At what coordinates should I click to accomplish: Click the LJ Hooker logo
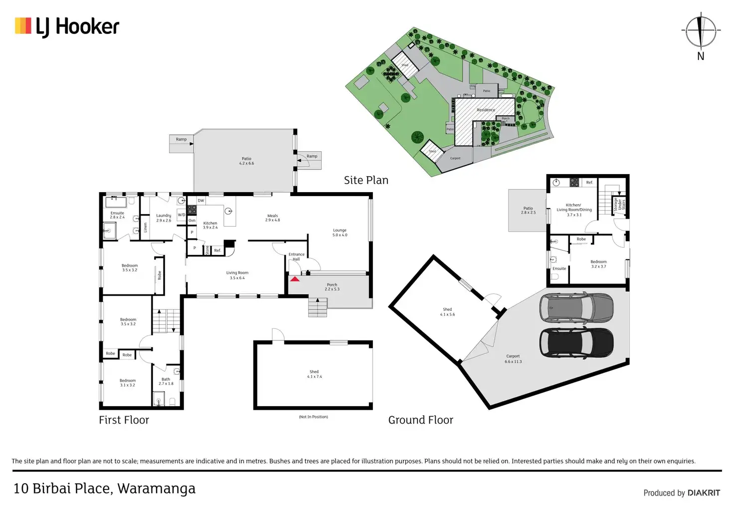(x=67, y=26)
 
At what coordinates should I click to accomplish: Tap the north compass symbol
(x=700, y=31)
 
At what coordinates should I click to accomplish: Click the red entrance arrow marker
(x=295, y=278)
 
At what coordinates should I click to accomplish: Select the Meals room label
(x=272, y=218)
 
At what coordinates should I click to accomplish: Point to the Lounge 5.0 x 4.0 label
(x=340, y=233)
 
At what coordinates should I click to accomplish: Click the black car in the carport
(x=576, y=343)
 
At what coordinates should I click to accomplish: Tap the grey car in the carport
(x=576, y=307)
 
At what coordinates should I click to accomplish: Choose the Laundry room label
(x=164, y=218)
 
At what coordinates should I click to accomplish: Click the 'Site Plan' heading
(x=366, y=180)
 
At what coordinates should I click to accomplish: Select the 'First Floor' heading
(x=124, y=420)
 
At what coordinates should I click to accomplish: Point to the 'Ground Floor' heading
(x=420, y=420)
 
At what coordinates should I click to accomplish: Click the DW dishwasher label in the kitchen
(x=201, y=201)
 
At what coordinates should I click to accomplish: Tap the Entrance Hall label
(x=296, y=257)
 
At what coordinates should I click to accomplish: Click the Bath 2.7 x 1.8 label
(x=166, y=381)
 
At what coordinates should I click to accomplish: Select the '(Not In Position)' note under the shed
(x=313, y=417)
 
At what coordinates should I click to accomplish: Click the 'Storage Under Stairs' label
(x=619, y=205)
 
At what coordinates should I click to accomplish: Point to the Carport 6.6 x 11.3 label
(x=513, y=359)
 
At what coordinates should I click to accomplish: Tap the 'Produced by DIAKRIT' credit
(x=681, y=493)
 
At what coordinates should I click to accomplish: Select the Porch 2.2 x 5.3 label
(x=332, y=287)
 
